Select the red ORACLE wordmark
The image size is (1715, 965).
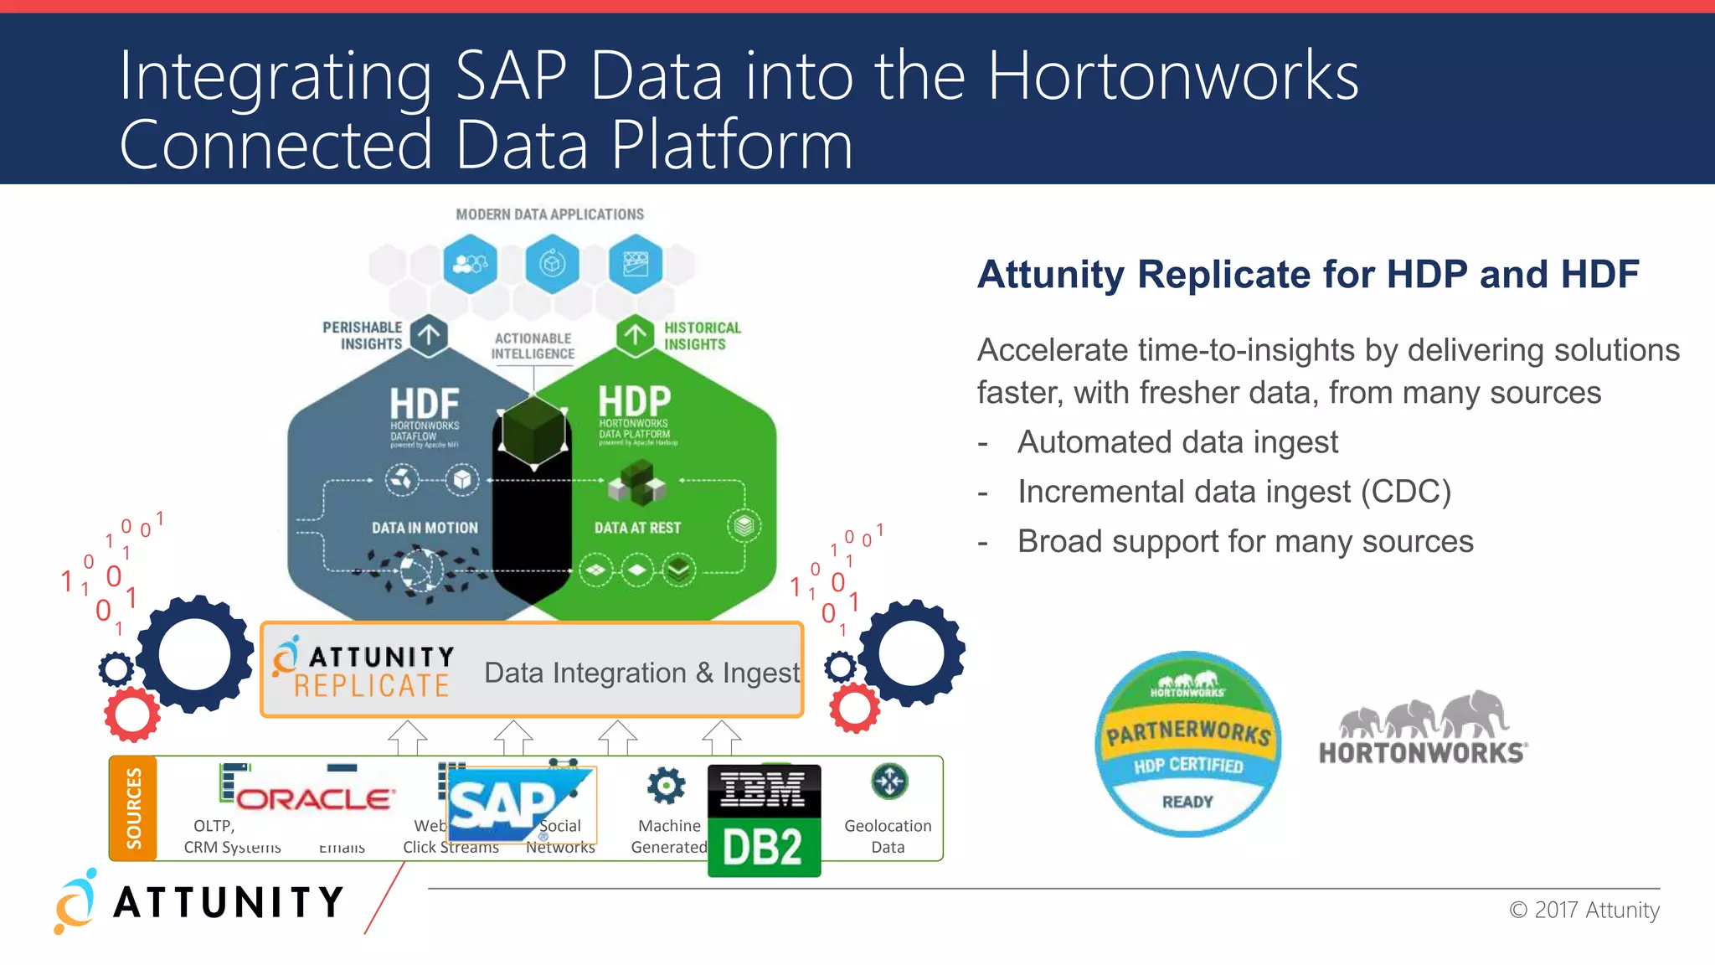(x=315, y=798)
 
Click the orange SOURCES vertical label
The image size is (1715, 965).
(x=133, y=808)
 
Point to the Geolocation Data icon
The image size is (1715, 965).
(x=888, y=782)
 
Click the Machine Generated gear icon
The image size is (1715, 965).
(x=666, y=786)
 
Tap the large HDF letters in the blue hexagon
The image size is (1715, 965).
(x=425, y=404)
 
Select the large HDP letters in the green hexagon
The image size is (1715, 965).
(x=634, y=401)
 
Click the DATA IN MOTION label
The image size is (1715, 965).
(x=425, y=528)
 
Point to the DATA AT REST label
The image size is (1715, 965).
(x=637, y=528)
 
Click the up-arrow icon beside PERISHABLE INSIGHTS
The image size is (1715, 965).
(x=429, y=336)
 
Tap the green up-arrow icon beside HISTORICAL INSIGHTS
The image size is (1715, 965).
(x=635, y=336)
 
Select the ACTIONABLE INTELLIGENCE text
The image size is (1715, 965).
(x=533, y=346)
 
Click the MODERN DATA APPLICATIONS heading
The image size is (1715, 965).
(x=549, y=214)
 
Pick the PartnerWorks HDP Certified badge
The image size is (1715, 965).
(x=1187, y=744)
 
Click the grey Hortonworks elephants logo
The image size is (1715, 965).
(x=1423, y=728)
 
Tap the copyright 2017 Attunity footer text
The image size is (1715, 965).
(x=1584, y=910)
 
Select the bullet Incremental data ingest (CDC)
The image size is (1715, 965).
(x=1233, y=492)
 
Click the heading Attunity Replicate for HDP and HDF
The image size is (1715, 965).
(x=1307, y=274)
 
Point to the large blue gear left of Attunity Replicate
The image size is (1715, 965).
(x=194, y=654)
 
